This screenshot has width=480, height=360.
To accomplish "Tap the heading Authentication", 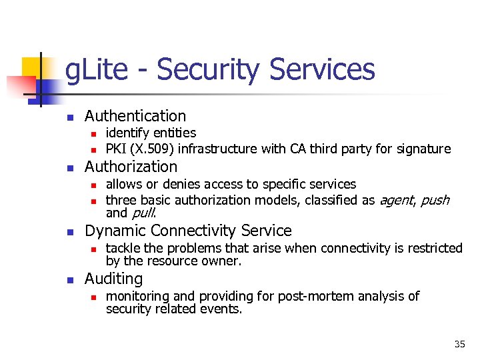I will [x=135, y=116].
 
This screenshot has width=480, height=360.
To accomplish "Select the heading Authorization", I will [x=131, y=167].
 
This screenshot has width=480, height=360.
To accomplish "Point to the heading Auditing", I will [x=114, y=279].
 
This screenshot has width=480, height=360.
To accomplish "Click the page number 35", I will [x=459, y=344].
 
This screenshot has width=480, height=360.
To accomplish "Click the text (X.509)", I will [x=156, y=149].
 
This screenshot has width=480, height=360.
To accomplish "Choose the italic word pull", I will [x=143, y=213].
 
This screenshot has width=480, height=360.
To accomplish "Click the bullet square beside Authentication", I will [x=68, y=117].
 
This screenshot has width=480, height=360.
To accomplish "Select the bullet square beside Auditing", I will [x=68, y=280].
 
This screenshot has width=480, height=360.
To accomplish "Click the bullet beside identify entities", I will [x=95, y=134].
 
